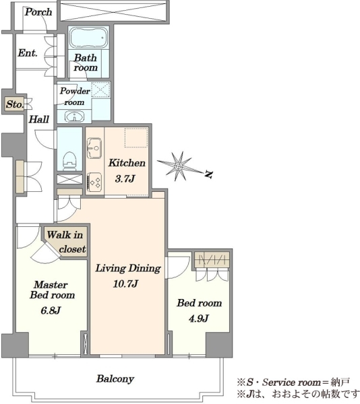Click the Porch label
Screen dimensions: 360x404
pyautogui.click(x=38, y=12)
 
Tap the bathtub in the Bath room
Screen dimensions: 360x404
pyautogui.click(x=89, y=38)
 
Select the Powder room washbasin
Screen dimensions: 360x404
pyautogui.click(x=74, y=116)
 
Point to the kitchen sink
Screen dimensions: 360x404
pyautogui.click(x=94, y=148)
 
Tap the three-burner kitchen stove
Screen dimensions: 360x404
pyautogui.click(x=94, y=182)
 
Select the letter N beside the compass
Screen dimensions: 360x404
pyautogui.click(x=208, y=174)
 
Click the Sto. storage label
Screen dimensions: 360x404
pyautogui.click(x=15, y=104)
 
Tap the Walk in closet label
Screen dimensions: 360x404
pyautogui.click(x=66, y=242)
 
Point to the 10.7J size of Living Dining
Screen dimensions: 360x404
pyautogui.click(x=125, y=283)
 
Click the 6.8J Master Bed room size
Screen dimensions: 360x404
pyautogui.click(x=51, y=310)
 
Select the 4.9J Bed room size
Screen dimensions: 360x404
pyautogui.click(x=198, y=318)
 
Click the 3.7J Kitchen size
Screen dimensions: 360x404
pyautogui.click(x=125, y=178)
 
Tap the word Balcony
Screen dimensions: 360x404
pyautogui.click(x=115, y=378)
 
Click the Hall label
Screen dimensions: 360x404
pyautogui.click(x=38, y=119)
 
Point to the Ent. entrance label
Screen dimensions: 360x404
pyautogui.click(x=28, y=53)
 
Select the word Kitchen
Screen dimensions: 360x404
pyautogui.click(x=127, y=163)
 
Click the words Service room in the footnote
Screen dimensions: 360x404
pyautogui.click(x=291, y=382)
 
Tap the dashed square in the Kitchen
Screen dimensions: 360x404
pyautogui.click(x=136, y=137)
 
